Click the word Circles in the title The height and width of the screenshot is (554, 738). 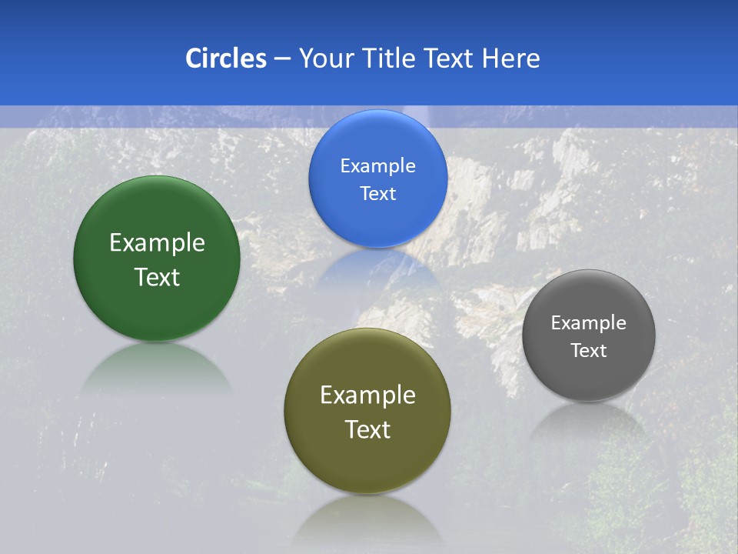tap(225, 58)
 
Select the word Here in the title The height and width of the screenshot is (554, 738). tap(510, 58)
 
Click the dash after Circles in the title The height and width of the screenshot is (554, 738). tap(282, 59)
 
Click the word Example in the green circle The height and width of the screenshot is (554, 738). tap(157, 243)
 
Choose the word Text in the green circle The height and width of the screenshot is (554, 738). tap(157, 277)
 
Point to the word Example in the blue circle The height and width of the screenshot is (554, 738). tap(377, 166)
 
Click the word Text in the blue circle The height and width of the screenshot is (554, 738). tap(377, 194)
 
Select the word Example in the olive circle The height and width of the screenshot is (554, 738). tap(367, 395)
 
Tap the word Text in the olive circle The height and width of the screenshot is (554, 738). tap(367, 429)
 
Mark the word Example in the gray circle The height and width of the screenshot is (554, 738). tap(589, 323)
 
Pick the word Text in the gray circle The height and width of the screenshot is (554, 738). tap(589, 351)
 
